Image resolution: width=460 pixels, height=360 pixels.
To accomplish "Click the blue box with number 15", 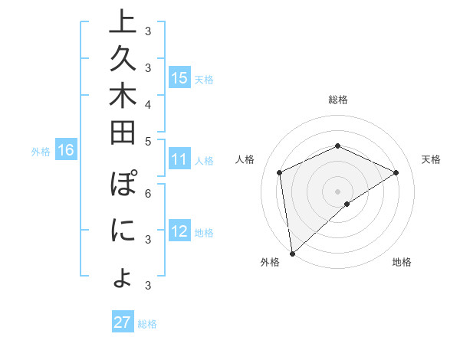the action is coord(179,77).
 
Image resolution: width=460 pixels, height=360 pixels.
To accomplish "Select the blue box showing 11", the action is coord(179,160).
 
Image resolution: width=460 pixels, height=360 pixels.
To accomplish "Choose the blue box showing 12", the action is coord(179,231).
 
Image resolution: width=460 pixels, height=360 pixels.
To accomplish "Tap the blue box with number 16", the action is coord(66,151).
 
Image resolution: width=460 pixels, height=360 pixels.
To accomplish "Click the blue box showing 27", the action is coord(123,322).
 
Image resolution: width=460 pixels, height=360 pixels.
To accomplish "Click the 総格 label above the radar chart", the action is coord(337,100).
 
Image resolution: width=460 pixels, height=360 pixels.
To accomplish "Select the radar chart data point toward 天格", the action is coord(396,172).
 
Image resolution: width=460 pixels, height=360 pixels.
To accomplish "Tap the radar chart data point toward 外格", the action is coord(292,253).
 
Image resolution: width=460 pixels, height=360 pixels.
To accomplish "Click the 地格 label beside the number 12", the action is coord(204,232).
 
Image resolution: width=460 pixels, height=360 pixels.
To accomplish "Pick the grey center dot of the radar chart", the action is coord(337,191).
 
